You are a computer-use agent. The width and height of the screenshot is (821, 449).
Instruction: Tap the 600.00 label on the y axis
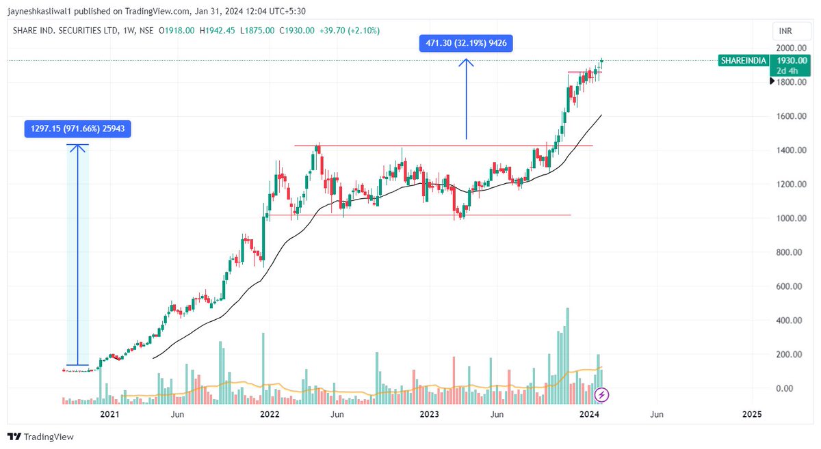coord(790,286)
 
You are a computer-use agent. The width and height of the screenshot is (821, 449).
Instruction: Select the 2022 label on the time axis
coord(269,414)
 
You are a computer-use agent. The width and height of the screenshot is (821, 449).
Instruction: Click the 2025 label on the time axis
coord(751,414)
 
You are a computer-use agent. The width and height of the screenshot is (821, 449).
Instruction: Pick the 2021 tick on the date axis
coord(109,414)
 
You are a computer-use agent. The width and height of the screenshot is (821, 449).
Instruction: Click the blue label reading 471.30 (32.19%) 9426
coord(466,43)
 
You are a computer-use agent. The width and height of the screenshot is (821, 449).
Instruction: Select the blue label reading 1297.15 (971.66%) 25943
coord(77,128)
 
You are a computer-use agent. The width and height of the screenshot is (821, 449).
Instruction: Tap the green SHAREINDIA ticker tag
coord(743,61)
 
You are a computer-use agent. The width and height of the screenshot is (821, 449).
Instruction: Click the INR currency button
coord(784,31)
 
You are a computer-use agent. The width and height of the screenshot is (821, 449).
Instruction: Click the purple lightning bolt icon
coord(601,394)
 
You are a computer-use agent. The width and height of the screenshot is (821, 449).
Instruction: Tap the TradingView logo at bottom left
coord(40,437)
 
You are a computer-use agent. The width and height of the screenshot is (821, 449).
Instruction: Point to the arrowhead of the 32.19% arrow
coord(466,61)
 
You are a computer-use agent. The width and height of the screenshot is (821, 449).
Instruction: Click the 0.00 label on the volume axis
coord(794,389)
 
